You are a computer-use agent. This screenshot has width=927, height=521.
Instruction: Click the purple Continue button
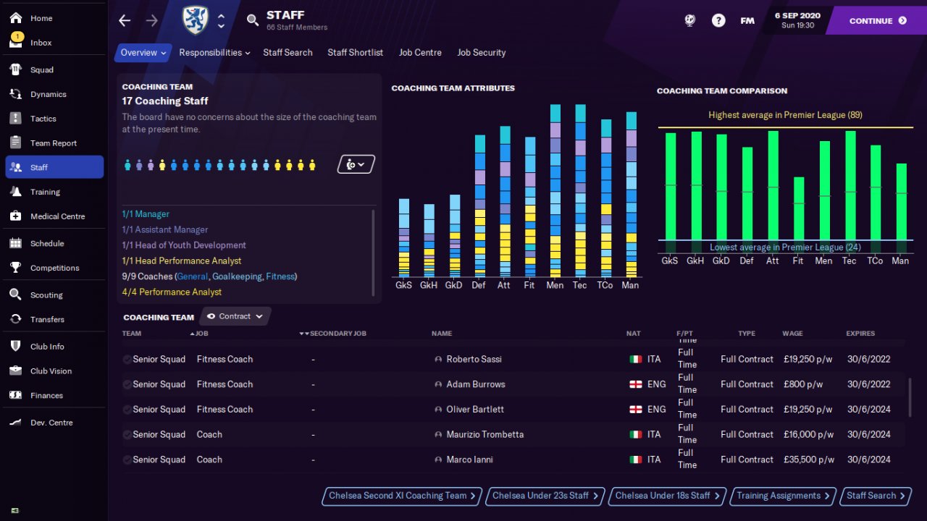(876, 21)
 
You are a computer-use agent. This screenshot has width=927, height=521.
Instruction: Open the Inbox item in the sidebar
(41, 43)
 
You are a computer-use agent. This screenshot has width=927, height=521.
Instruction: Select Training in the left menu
(45, 192)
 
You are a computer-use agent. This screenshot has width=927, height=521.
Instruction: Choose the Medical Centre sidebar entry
(57, 216)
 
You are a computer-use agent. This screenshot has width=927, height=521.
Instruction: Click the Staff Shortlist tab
(355, 53)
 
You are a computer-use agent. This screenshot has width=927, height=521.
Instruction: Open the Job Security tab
(481, 53)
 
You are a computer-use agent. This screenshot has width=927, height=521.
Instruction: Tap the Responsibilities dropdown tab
(214, 53)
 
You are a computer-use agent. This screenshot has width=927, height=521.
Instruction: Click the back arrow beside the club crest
(125, 20)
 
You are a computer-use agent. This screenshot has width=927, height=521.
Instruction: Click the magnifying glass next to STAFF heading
(253, 20)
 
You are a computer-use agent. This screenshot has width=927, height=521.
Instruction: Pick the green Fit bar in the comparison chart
(798, 210)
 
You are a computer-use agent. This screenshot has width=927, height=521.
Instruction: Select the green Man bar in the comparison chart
(901, 203)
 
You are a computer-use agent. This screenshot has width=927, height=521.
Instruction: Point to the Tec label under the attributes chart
(579, 285)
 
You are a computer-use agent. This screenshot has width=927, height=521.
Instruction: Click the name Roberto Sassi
(474, 359)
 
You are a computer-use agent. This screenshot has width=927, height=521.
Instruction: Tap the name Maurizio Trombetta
(485, 434)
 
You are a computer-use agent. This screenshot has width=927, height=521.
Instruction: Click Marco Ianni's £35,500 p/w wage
(808, 459)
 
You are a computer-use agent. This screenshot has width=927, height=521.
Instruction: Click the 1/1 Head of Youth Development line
(184, 245)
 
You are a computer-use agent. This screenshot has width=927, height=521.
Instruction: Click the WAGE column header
(792, 334)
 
